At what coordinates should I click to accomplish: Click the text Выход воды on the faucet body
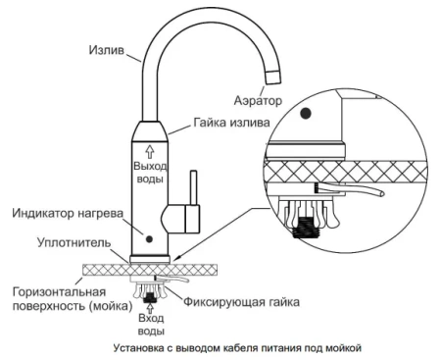coord(152,174)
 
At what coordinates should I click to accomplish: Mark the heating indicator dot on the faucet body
coord(148,236)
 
